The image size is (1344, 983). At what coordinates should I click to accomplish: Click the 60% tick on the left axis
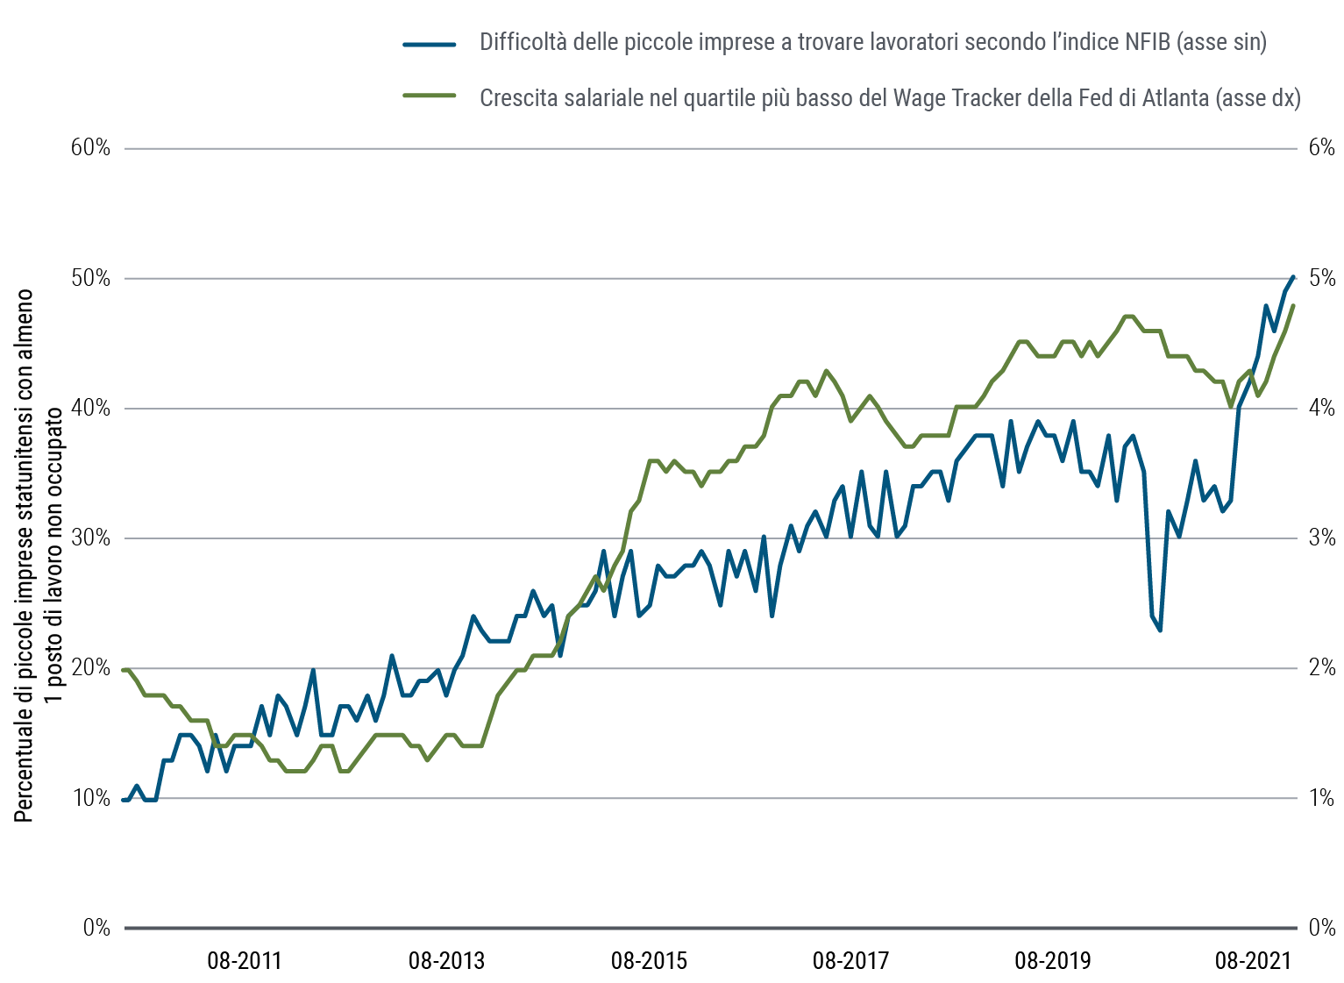click(x=91, y=147)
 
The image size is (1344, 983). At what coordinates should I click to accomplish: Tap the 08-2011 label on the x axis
click(x=244, y=961)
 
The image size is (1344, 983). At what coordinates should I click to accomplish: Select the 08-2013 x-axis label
click(x=446, y=961)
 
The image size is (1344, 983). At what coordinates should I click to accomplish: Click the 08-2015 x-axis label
click(x=649, y=961)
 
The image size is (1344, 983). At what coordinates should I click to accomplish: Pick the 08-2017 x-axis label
click(x=850, y=961)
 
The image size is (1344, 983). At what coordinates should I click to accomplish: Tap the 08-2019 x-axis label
click(x=1053, y=961)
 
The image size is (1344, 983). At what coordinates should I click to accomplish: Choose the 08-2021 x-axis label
click(x=1253, y=961)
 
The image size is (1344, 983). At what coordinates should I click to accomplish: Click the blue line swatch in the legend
click(x=430, y=43)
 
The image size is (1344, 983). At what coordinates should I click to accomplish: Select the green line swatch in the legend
click(x=430, y=96)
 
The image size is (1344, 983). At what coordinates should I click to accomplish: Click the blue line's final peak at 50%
click(x=1294, y=277)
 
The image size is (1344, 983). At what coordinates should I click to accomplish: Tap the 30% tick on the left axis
click(x=91, y=538)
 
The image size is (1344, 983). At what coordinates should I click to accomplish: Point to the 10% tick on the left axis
click(x=91, y=798)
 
